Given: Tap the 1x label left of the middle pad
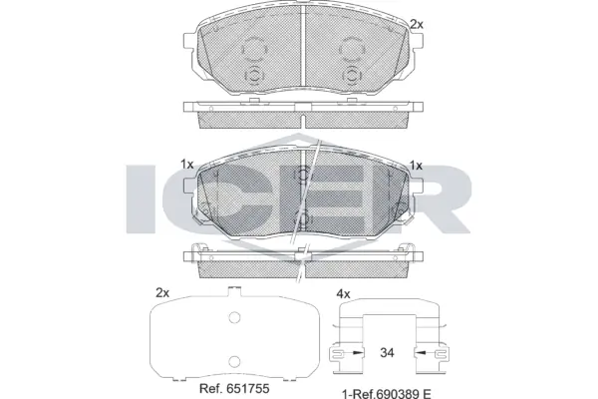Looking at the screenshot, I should [186, 165].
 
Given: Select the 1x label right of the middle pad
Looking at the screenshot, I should [416, 165].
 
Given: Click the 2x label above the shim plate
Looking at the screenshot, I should [162, 293].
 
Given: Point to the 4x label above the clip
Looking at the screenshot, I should [344, 293].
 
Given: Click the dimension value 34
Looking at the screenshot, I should [387, 352].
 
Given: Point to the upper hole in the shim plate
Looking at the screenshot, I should [235, 319].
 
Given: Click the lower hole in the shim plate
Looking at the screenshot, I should [235, 361].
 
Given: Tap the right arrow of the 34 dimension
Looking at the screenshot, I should [425, 352].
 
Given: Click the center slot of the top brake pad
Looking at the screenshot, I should [301, 54].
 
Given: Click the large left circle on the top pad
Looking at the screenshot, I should [255, 47].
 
